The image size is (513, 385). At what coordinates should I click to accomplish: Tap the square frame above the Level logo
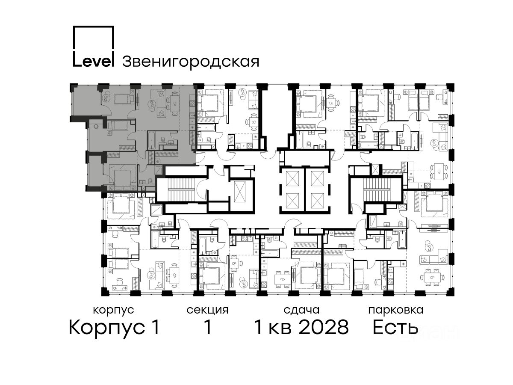[93, 26]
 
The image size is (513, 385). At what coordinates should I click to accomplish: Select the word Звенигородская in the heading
[191, 62]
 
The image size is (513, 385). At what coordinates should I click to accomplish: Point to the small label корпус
[114, 311]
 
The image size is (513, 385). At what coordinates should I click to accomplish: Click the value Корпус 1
[114, 328]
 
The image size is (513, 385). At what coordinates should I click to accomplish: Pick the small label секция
[207, 311]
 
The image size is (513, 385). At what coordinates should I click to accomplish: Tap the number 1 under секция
[207, 327]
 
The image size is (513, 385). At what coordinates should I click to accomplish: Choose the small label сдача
[301, 311]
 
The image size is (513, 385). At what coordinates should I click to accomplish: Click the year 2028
[324, 328]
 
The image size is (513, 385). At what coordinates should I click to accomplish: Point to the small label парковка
[396, 311]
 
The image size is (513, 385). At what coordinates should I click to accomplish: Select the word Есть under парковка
[395, 328]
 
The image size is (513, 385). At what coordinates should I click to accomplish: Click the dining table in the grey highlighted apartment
[174, 102]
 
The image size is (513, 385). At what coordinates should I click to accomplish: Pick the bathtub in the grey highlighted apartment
[151, 140]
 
